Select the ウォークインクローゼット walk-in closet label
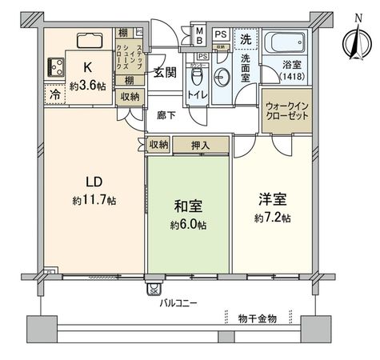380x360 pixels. point(285,110)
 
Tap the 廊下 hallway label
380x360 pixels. point(166,116)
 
